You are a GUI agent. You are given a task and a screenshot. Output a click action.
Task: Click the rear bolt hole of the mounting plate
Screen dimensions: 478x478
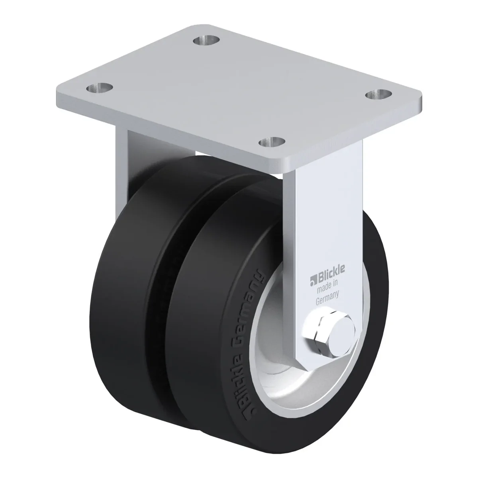(x=206, y=40)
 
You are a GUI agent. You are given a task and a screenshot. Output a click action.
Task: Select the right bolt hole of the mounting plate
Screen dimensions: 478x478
(x=379, y=95)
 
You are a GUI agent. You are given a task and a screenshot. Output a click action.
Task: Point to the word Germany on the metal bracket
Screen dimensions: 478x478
(x=327, y=299)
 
